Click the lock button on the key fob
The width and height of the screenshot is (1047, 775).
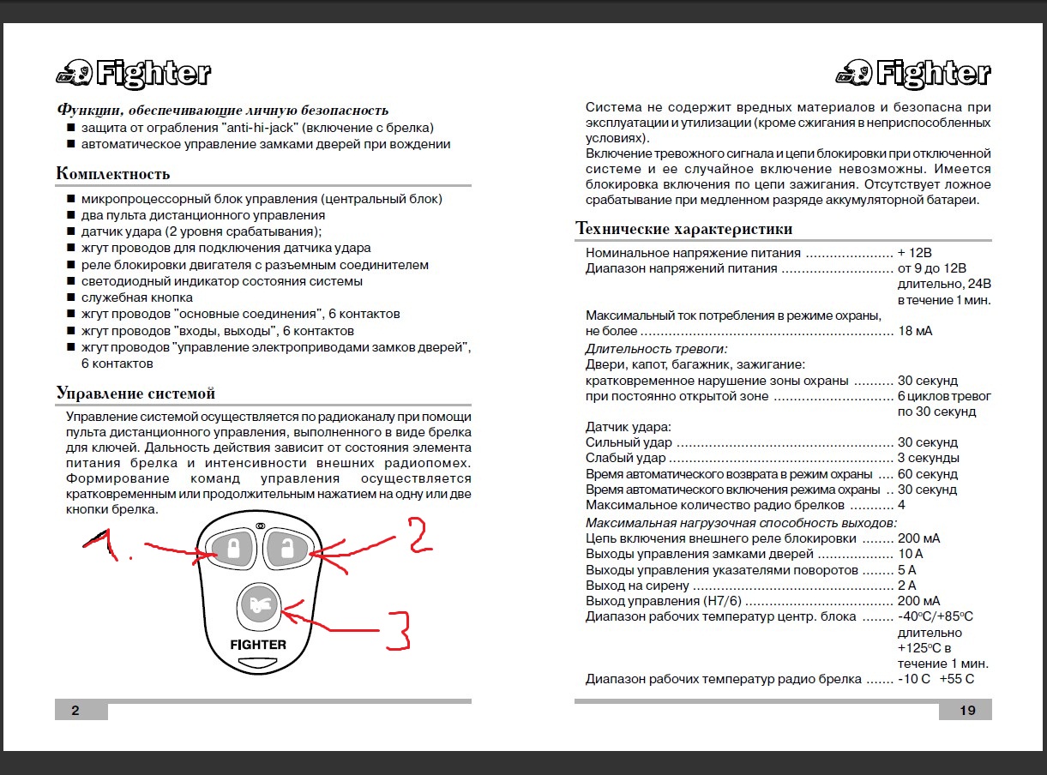(232, 549)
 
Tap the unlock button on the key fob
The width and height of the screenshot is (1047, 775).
(287, 549)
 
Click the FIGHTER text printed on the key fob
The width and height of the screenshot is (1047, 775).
(258, 644)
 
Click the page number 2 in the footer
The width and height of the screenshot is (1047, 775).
(75, 710)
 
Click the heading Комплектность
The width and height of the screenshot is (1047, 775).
(112, 174)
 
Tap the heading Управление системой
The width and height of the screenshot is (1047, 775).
(135, 394)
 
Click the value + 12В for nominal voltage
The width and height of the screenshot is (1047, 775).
(914, 253)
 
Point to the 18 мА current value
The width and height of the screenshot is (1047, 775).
(915, 331)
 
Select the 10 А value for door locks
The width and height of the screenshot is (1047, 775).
(911, 555)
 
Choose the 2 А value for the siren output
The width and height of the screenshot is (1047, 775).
(907, 586)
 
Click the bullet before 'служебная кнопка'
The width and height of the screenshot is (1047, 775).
(71, 297)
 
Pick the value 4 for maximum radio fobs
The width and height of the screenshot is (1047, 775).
(901, 505)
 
